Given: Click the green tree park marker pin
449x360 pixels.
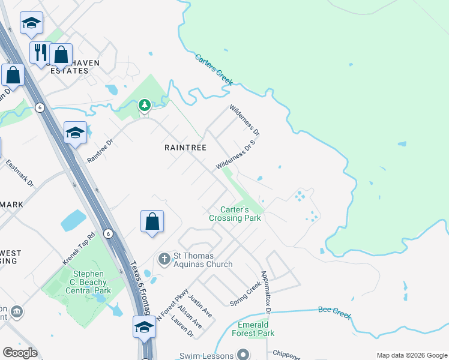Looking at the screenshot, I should [x=144, y=106].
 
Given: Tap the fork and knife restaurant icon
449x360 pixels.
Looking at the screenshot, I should [x=41, y=52].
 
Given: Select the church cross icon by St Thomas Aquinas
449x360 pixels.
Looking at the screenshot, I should [x=164, y=259].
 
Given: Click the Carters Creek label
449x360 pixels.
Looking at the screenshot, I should [x=213, y=69].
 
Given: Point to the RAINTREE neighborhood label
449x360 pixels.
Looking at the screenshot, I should [x=185, y=147].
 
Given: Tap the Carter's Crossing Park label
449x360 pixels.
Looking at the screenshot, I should [x=235, y=214].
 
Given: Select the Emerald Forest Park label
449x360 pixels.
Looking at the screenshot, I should [x=253, y=329].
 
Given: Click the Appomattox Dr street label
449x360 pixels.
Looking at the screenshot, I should [x=265, y=291].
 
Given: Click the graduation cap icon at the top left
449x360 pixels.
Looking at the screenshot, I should [x=31, y=23].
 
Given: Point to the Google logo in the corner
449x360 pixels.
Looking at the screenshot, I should [x=20, y=353].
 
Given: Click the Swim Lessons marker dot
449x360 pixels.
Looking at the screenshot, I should [x=243, y=355].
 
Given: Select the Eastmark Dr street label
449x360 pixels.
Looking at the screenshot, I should [x=19, y=172].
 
